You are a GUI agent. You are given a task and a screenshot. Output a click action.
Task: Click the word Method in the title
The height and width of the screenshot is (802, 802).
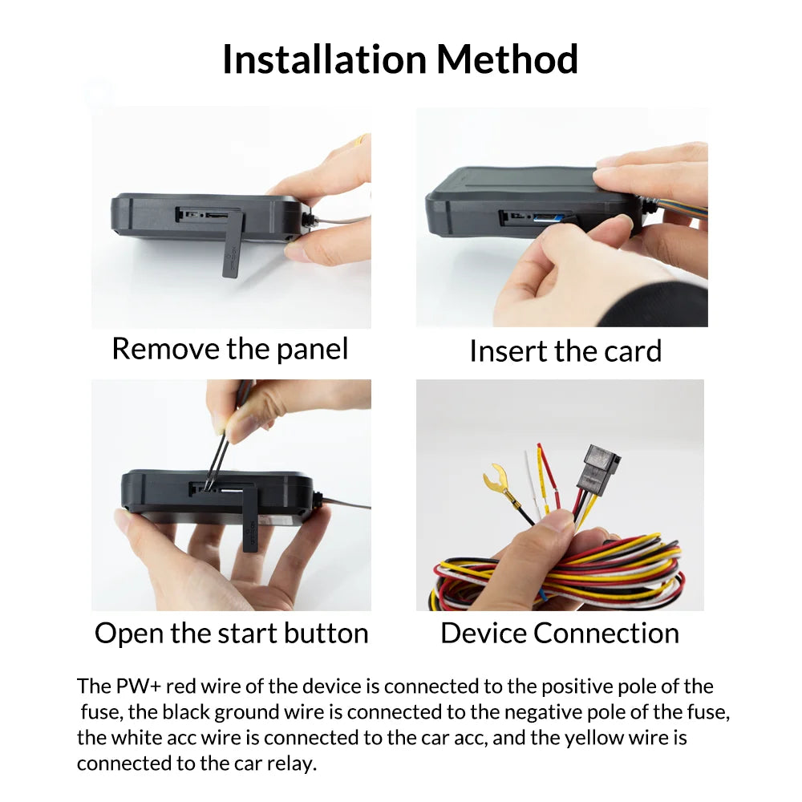point(507,59)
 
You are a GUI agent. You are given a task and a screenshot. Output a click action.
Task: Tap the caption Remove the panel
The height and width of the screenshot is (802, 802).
point(230,349)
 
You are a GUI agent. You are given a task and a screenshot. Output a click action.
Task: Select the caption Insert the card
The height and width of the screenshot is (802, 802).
point(565,351)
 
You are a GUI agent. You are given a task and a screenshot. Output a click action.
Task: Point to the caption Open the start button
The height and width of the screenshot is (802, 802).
point(231,633)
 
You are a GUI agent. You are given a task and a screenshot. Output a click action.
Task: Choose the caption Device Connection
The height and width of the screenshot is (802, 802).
point(560,633)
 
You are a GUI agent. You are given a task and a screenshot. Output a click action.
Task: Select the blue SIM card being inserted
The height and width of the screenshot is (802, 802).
point(545,217)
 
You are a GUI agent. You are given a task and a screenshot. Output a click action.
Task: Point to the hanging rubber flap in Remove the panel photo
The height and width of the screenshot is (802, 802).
point(232,242)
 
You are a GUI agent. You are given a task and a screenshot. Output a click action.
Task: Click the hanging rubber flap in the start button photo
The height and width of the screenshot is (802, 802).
point(249,517)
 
